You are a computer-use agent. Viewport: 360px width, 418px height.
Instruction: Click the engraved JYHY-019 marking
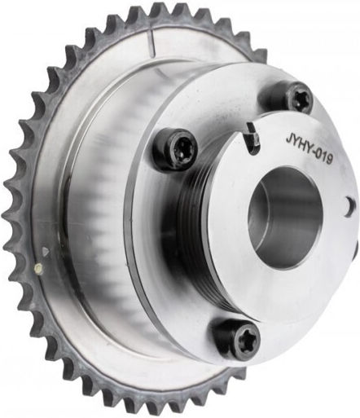pos(309,150)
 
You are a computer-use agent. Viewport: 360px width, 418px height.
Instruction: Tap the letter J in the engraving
pos(288,139)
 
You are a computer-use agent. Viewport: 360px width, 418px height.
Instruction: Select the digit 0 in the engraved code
pos(318,154)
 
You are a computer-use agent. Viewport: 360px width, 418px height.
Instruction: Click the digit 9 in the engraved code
pos(329,160)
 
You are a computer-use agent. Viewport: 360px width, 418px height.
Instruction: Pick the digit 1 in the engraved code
pos(323,157)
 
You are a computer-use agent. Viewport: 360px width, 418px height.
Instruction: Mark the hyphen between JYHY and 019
pos(312,152)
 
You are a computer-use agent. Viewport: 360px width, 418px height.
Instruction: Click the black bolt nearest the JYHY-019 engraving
pos(292,99)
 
